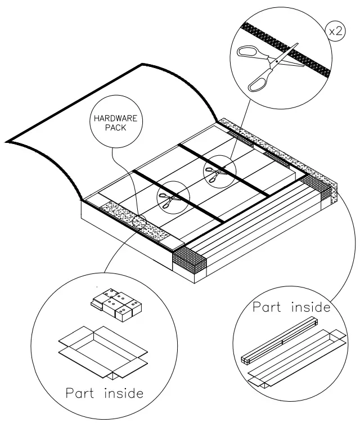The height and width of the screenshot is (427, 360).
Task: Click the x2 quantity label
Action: point(336,32)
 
